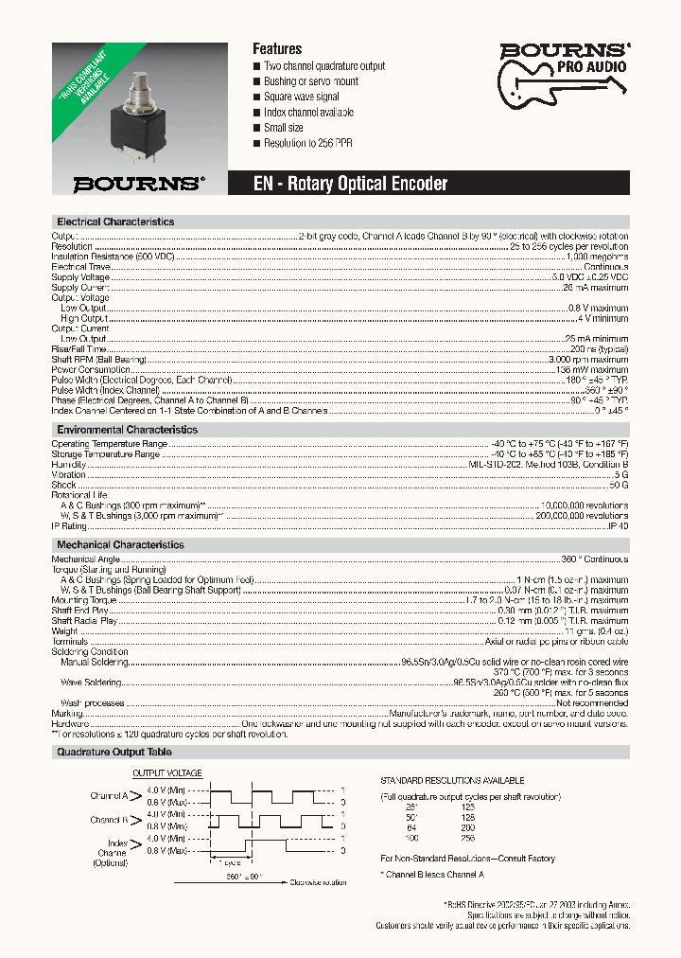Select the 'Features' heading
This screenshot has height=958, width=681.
click(x=277, y=48)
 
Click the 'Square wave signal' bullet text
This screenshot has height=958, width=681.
click(x=302, y=97)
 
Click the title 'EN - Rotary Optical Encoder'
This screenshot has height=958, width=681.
click(x=350, y=184)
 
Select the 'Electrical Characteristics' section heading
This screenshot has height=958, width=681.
click(x=115, y=222)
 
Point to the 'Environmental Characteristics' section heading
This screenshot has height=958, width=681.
click(x=127, y=430)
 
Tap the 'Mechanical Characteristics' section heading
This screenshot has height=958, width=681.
click(x=120, y=545)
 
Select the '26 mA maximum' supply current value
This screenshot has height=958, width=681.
click(x=596, y=287)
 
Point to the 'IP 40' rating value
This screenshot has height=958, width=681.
click(x=618, y=525)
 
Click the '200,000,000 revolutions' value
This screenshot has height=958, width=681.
click(x=582, y=516)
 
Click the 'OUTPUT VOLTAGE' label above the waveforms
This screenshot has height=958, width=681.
click(x=166, y=773)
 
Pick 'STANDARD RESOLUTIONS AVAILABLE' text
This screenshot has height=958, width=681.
click(x=452, y=780)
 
